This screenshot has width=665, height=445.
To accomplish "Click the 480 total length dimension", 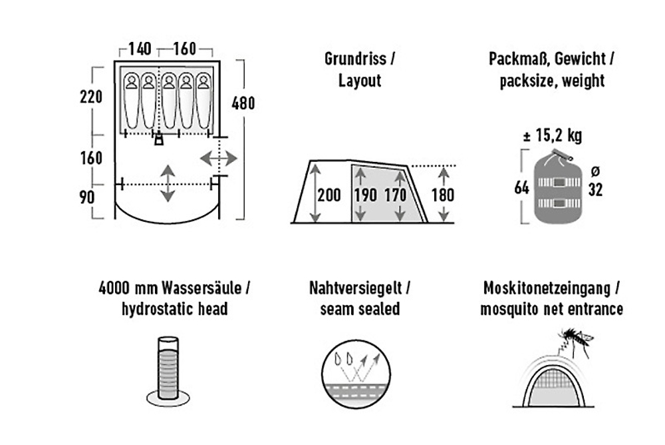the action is pos(243,103).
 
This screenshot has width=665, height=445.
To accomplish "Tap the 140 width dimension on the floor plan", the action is pos(140,49).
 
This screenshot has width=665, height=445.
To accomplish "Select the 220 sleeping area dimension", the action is pos(91,97).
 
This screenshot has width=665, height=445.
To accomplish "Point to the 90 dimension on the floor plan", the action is pos(87,197).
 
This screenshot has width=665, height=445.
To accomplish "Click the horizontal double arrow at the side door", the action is pos(218,159).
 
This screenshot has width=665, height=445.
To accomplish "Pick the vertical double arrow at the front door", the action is pos(168,183).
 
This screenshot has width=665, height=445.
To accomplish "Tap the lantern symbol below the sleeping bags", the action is pos(159,139).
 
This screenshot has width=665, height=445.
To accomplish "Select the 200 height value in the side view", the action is pos(329,195).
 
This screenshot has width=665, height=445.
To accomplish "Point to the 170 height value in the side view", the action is pos(395,195).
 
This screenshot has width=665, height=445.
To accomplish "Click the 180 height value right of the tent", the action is pos(443,195).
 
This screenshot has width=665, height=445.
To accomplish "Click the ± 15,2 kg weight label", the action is pos(553,135).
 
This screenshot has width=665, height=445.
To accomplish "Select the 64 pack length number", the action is pos(521,187).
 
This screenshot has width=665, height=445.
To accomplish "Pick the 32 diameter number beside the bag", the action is pos(595,190).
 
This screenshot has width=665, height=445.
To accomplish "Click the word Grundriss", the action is pos(355,59).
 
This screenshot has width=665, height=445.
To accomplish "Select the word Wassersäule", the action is pos(201,288).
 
